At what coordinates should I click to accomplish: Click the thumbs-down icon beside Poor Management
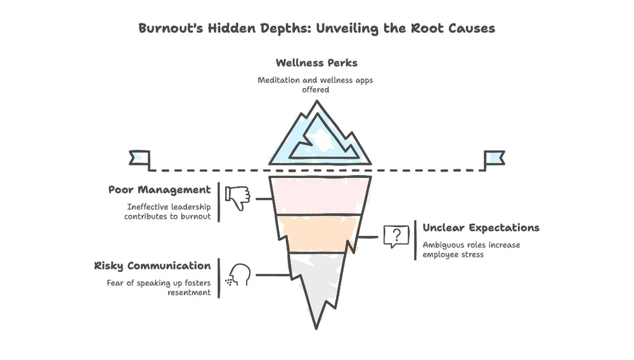coord(238,198)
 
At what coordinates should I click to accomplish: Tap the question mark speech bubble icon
coord(396,236)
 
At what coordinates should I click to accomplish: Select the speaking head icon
coord(239,274)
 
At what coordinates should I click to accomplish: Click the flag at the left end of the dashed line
coord(139,158)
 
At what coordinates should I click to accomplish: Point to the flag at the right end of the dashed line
coord(494,158)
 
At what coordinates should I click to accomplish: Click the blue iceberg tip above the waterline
coord(320,138)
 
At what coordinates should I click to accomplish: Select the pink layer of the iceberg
coord(320,195)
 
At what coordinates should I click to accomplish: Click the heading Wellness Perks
coord(316,63)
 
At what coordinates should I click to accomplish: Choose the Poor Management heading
coord(159,190)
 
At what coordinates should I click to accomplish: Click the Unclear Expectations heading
coord(481,228)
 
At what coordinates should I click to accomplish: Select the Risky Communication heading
coord(152,266)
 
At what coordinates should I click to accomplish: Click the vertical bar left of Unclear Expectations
coord(415,240)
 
